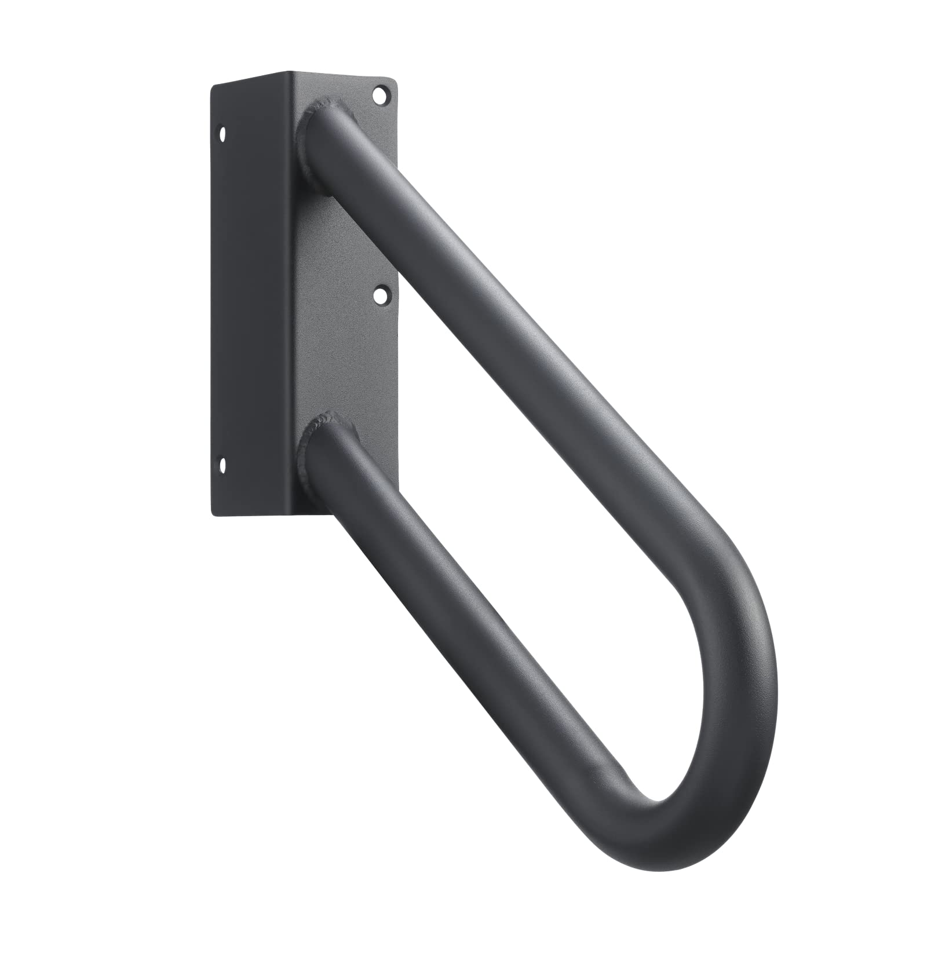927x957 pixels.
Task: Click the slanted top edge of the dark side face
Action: (249, 79)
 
